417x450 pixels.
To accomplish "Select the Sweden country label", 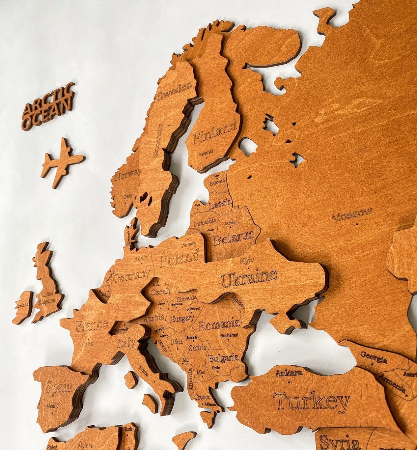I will point(175,91).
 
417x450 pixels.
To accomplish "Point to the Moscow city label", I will point(352,214).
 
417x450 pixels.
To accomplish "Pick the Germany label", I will point(131,275).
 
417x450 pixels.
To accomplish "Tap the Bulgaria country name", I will point(223,357).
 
